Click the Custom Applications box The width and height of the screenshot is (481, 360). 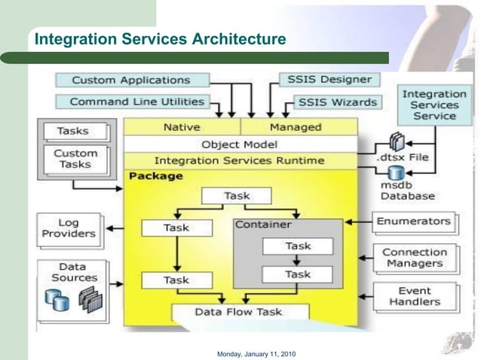(131, 80)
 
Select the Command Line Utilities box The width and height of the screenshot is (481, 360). (136, 102)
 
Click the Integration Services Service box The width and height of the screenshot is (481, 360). (434, 105)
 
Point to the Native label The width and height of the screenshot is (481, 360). (182, 127)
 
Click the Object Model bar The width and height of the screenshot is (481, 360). (240, 144)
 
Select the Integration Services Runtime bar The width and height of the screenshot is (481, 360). (240, 160)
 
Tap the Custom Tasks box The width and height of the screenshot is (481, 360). (75, 159)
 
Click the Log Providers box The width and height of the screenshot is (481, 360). (69, 228)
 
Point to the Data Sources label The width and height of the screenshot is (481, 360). (74, 272)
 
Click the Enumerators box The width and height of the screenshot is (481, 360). (414, 221)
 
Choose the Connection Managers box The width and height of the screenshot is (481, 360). (415, 258)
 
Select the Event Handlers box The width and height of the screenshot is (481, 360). (415, 296)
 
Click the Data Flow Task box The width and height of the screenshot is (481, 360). (239, 312)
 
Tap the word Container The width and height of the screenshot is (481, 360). (263, 224)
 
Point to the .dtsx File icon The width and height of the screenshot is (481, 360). (397, 143)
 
